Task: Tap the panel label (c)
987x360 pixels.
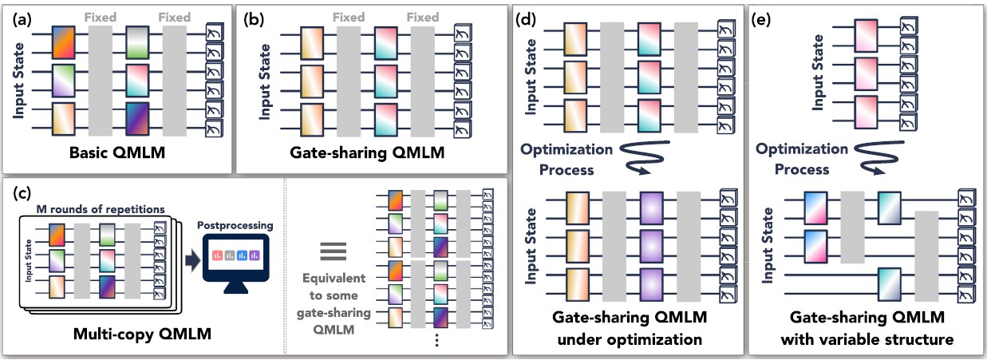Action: point(19,192)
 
